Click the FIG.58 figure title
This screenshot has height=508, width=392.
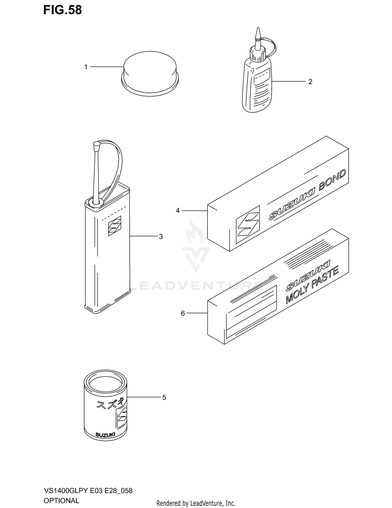pos(62,10)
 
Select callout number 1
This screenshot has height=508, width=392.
pos(86,67)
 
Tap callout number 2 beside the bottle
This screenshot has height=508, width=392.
pos(310,82)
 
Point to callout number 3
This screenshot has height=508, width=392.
pos(161,236)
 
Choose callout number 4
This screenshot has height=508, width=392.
pos(178,210)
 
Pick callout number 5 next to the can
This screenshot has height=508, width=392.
pos(164,397)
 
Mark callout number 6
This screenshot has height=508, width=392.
pos(183,313)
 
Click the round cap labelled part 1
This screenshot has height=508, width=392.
pos(150,73)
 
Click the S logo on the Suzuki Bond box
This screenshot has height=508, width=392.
pos(248,224)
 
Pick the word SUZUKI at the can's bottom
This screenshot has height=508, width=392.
pos(105,435)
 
